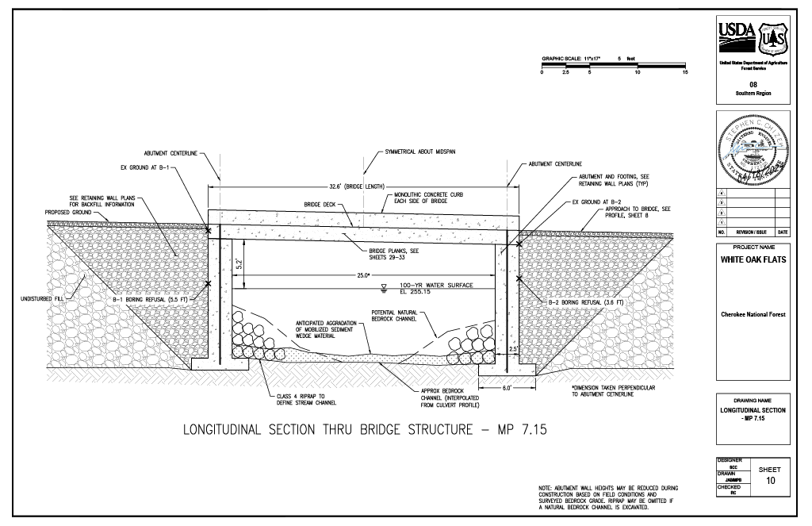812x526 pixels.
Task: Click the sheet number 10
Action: click(770, 481)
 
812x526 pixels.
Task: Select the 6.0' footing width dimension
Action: click(507, 388)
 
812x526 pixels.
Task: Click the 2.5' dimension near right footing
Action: click(514, 348)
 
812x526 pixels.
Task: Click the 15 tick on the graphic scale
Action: click(685, 72)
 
